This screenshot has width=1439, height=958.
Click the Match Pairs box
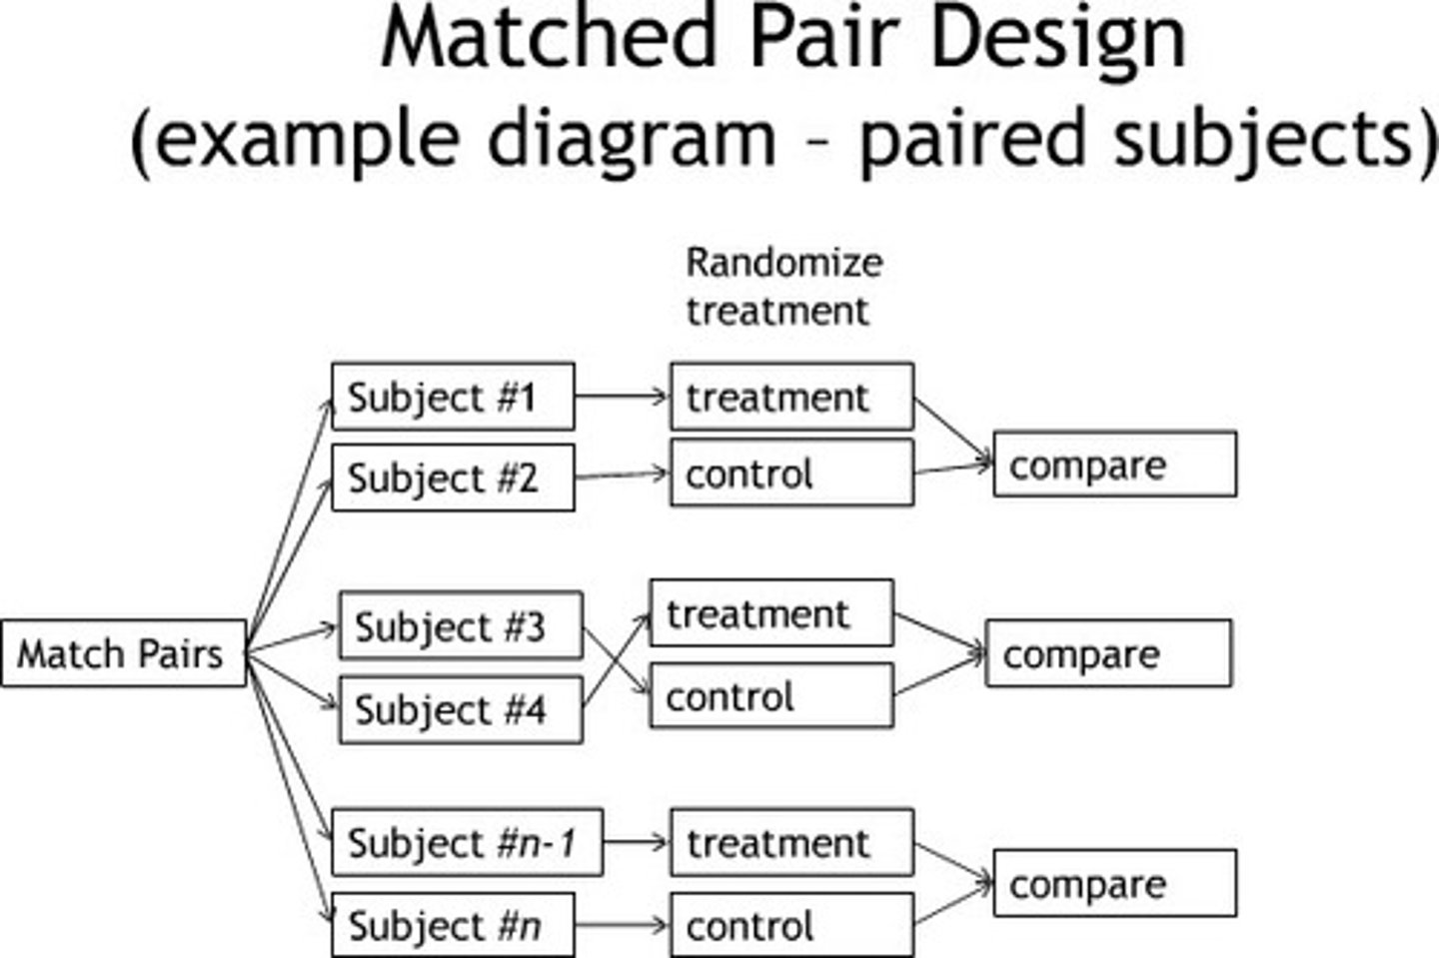pos(123,654)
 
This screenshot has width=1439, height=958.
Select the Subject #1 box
pos(453,397)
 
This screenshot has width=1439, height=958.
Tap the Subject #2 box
pos(453,479)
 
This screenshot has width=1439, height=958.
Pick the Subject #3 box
pos(461,626)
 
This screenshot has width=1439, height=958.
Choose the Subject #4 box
pos(461,710)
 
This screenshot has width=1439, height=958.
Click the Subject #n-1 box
pos(467,842)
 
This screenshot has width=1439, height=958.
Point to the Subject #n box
pos(453,925)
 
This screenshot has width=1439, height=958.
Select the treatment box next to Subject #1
pos(791,397)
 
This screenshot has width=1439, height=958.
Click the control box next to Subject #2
pos(791,473)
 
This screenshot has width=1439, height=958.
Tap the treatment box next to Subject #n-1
pos(791,842)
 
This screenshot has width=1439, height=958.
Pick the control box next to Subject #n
pos(791,925)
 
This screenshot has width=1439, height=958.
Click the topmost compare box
pos(1114,465)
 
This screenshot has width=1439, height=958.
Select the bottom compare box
pos(1114,883)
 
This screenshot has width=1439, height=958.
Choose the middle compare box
pos(1108,653)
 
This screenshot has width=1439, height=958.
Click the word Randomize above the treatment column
pos(783,263)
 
